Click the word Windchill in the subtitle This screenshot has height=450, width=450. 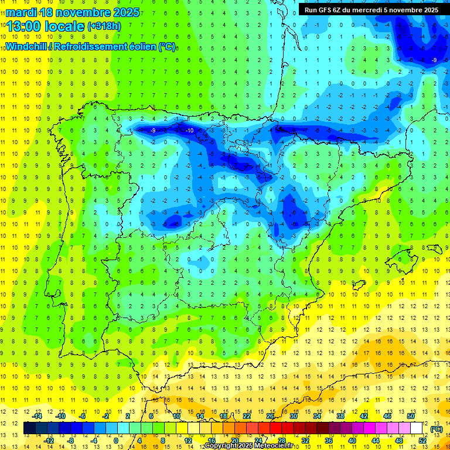[x=27, y=46]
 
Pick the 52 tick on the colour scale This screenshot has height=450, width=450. [x=422, y=441]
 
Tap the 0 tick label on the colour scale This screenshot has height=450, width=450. [x=116, y=441]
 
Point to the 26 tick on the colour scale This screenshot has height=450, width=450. [x=270, y=416]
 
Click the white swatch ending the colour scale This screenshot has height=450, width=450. [x=417, y=428]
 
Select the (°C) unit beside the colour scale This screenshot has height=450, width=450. [x=436, y=428]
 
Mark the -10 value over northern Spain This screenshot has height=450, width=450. [x=189, y=130]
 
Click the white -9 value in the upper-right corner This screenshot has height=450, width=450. [x=434, y=60]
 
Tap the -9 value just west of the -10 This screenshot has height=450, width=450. [x=153, y=130]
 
